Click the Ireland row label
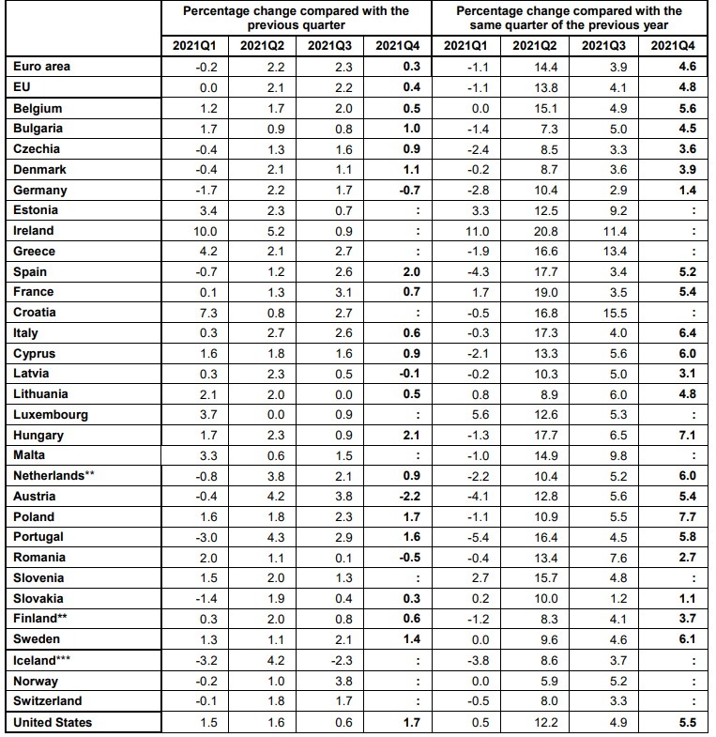pyautogui.click(x=34, y=231)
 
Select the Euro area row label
pyautogui.click(x=42, y=67)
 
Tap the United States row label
pyautogui.click(x=52, y=723)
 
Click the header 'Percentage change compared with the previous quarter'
pyautogui.click(x=296, y=18)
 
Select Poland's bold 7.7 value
pyautogui.click(x=686, y=517)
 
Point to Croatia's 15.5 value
pyautogui.click(x=602, y=313)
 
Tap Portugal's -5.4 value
pyautogui.click(x=465, y=538)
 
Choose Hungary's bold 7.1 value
pyautogui.click(x=686, y=436)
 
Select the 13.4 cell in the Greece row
pyautogui.click(x=602, y=252)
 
